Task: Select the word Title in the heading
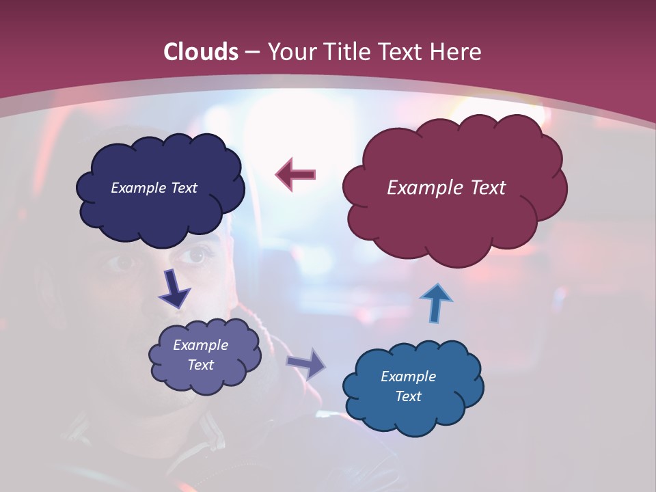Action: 346,52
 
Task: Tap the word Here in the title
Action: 456,52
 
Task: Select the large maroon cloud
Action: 454,219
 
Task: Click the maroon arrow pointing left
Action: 295,174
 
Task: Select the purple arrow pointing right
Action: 306,363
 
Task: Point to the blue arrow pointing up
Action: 436,303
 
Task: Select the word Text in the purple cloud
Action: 200,365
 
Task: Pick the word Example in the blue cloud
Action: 408,377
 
